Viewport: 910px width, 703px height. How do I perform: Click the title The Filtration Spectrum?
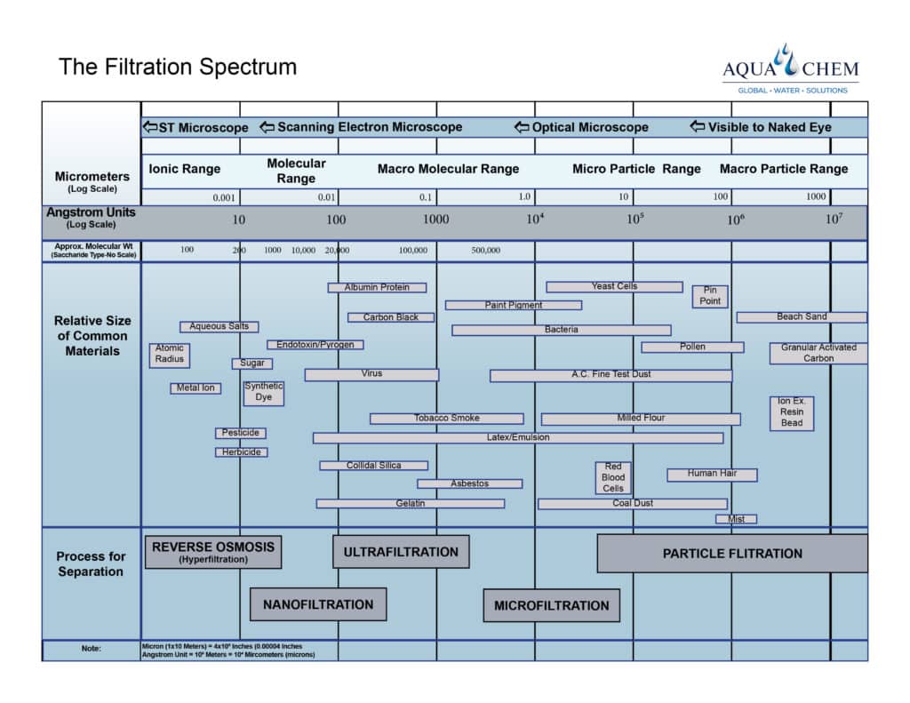(x=178, y=67)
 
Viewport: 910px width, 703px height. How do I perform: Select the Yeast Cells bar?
(x=614, y=287)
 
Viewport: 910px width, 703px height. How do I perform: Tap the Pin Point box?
(x=710, y=296)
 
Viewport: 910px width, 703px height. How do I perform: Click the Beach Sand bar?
(x=801, y=317)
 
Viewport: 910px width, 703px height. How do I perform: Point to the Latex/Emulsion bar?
(x=518, y=438)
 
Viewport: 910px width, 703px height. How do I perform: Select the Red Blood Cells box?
(x=613, y=478)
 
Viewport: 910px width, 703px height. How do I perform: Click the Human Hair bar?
(x=712, y=475)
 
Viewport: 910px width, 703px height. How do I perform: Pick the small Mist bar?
(x=736, y=519)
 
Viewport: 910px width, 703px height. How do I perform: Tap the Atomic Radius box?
(x=169, y=355)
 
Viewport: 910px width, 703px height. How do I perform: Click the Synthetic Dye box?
(x=264, y=393)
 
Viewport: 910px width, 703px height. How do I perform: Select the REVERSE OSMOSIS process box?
(x=213, y=552)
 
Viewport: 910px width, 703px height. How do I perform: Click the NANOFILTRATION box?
(x=318, y=604)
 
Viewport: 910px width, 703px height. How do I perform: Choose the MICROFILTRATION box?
(x=551, y=605)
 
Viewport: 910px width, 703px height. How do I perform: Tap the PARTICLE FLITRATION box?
(x=731, y=554)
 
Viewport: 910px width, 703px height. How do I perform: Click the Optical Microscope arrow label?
(x=582, y=128)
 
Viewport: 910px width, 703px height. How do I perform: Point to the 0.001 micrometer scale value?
(x=225, y=197)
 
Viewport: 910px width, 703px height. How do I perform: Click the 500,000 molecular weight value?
(x=486, y=251)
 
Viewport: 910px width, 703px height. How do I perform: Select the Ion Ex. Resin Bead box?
(x=792, y=413)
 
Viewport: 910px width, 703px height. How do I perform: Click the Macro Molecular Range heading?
(x=448, y=169)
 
